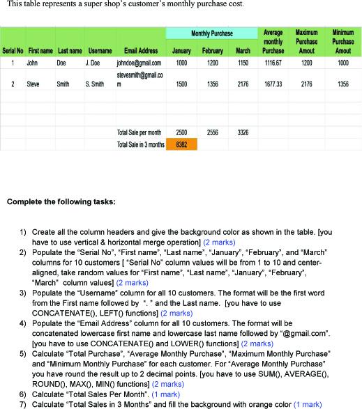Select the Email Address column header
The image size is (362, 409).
tap(141, 51)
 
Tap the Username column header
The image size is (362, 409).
tap(100, 51)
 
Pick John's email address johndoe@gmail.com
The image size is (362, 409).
tap(142, 62)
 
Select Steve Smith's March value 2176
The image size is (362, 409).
tap(243, 84)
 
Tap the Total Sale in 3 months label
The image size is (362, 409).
tap(140, 144)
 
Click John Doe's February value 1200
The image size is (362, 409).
tap(212, 62)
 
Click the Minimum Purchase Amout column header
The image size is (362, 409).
tap(342, 42)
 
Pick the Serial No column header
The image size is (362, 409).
tap(13, 51)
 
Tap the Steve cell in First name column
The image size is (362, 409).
tap(33, 84)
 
